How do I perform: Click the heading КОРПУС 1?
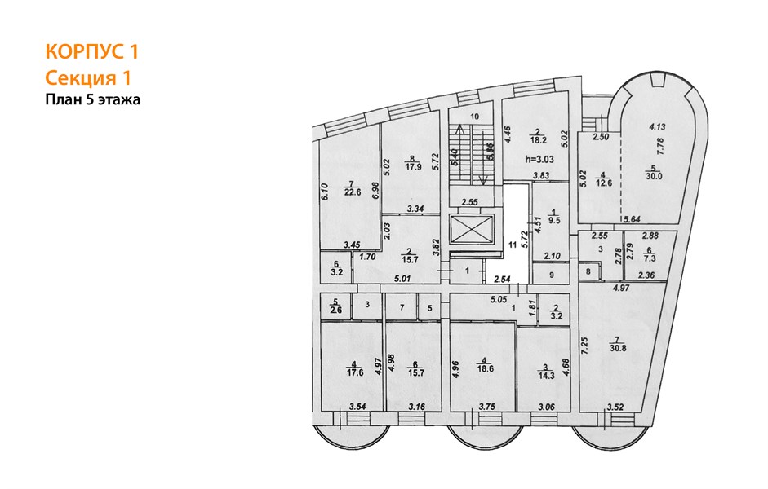(92, 52)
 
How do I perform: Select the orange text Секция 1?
(88, 78)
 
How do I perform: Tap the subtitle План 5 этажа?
(93, 99)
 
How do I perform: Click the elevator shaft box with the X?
(471, 229)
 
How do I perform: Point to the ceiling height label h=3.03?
(539, 159)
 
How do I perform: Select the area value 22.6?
(352, 192)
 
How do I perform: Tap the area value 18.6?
(485, 369)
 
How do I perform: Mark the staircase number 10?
(474, 117)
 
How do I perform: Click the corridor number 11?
(513, 245)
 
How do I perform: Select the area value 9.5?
(554, 221)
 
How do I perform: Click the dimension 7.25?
(584, 346)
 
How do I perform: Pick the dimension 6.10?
(324, 192)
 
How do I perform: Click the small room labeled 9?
(551, 275)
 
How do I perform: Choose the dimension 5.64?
(632, 220)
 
